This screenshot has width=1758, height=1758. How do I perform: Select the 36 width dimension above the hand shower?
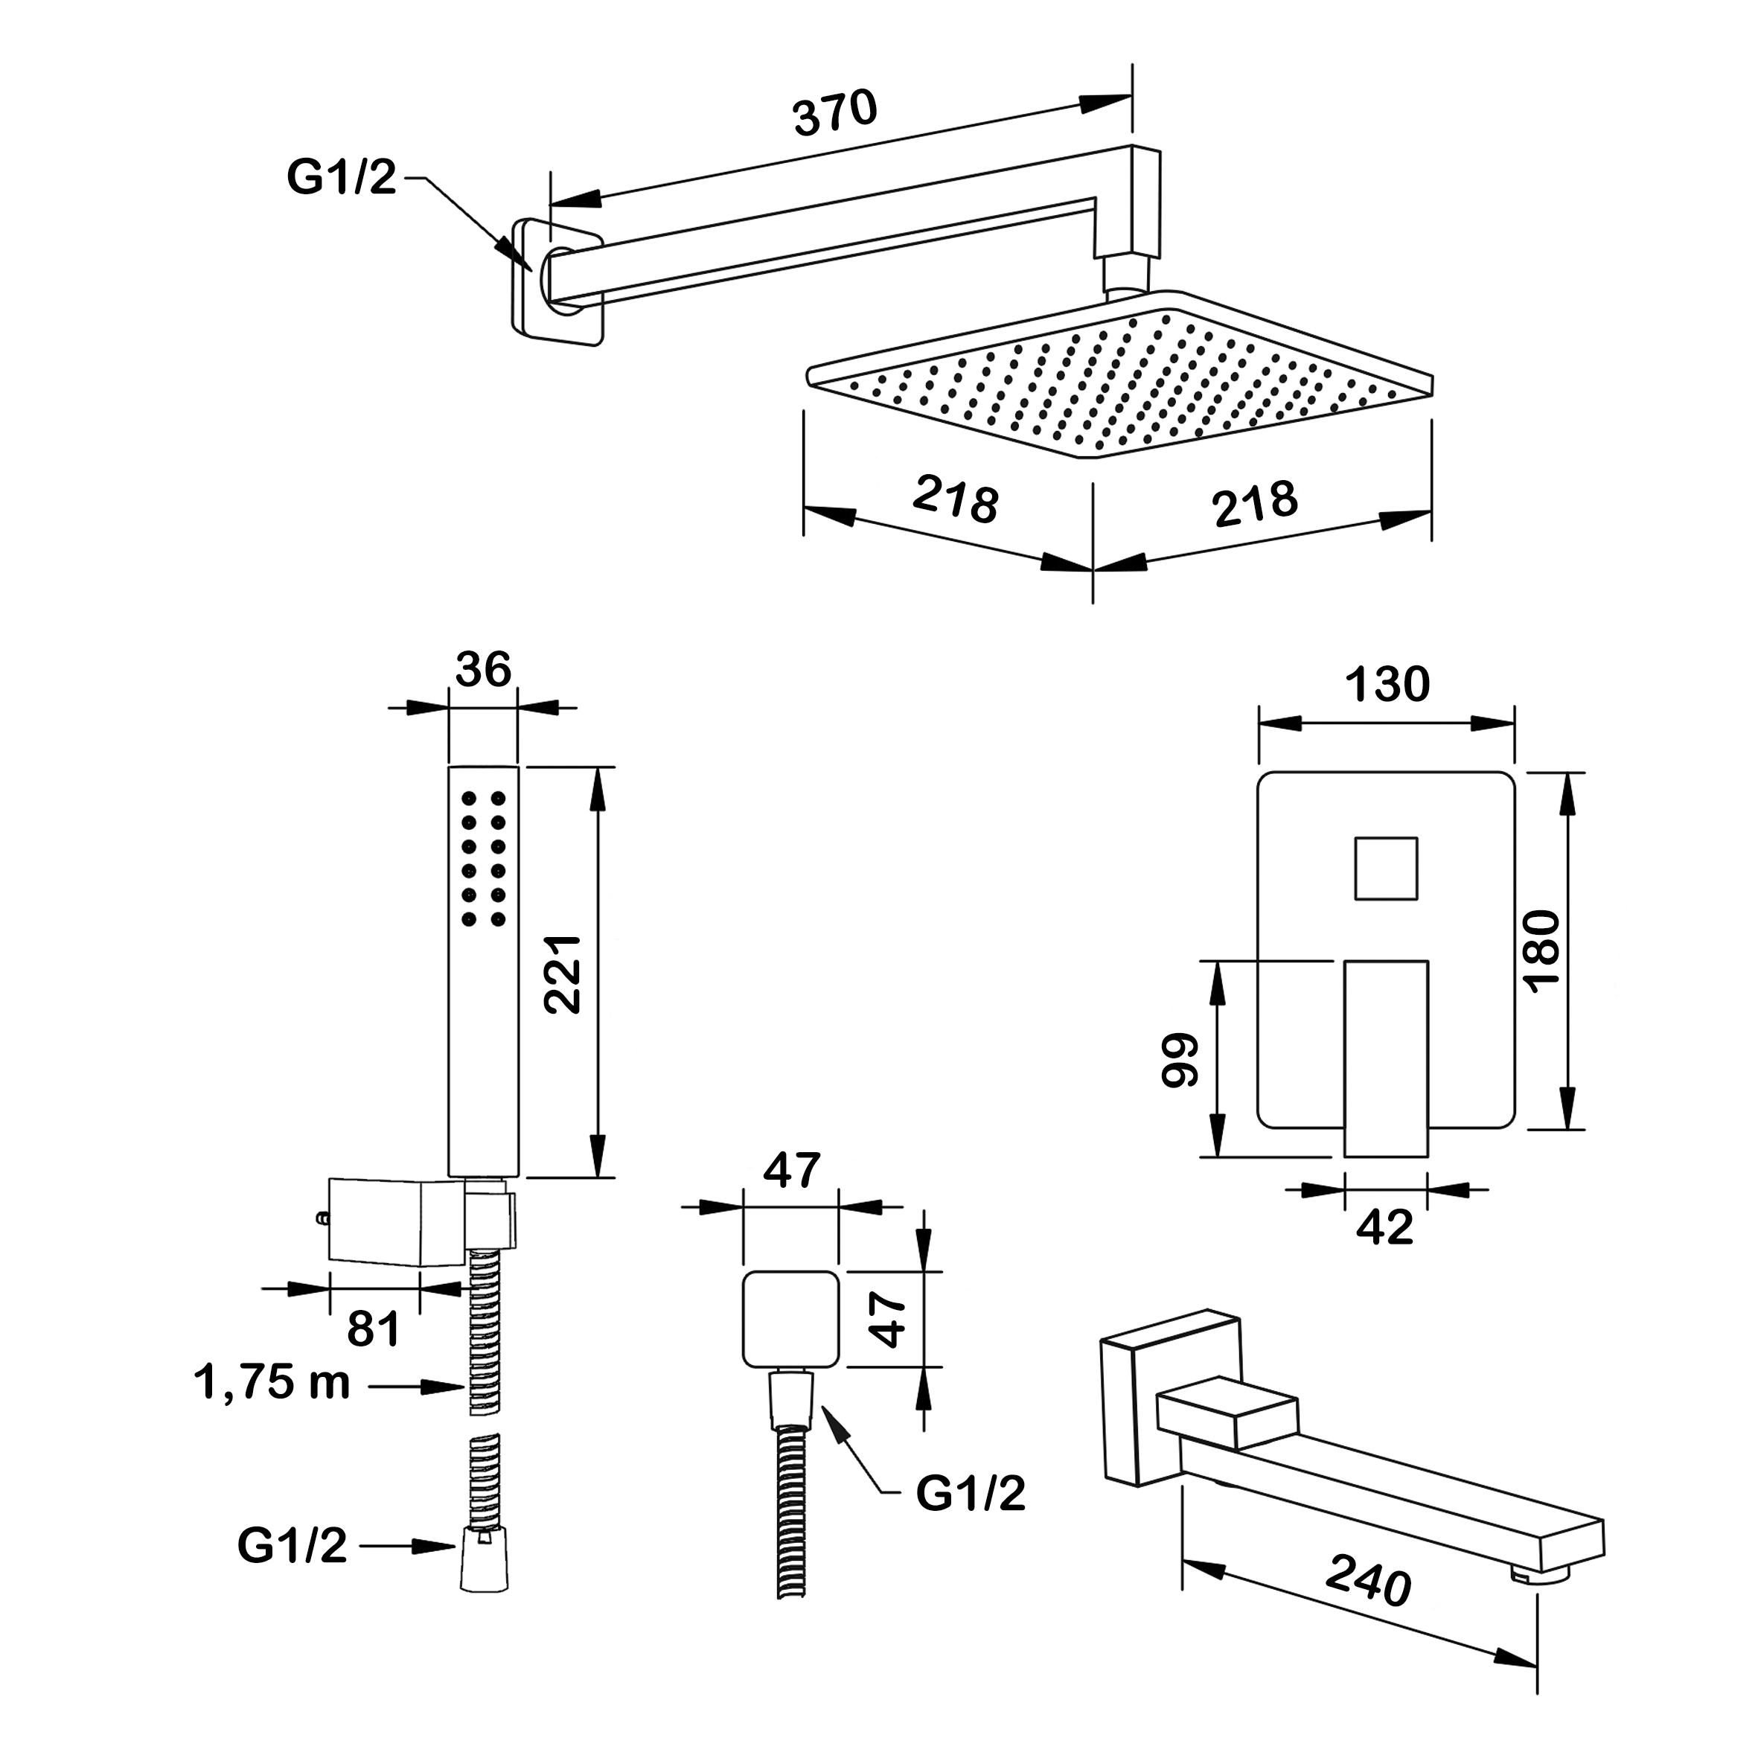pyautogui.click(x=483, y=670)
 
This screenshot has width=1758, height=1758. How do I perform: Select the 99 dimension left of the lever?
pyautogui.click(x=1181, y=1060)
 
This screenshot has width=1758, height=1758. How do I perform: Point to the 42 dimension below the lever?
pyautogui.click(x=1385, y=1227)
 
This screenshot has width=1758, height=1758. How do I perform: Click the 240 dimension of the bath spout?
pyautogui.click(x=1368, y=1581)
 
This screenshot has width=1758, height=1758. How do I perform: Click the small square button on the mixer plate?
pyautogui.click(x=1386, y=868)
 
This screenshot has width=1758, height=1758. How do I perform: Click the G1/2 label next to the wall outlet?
pyautogui.click(x=970, y=1493)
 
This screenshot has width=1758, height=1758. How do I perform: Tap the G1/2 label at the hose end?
pyautogui.click(x=292, y=1545)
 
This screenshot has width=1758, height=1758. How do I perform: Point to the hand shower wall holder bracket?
pyautogui.click(x=395, y=1222)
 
